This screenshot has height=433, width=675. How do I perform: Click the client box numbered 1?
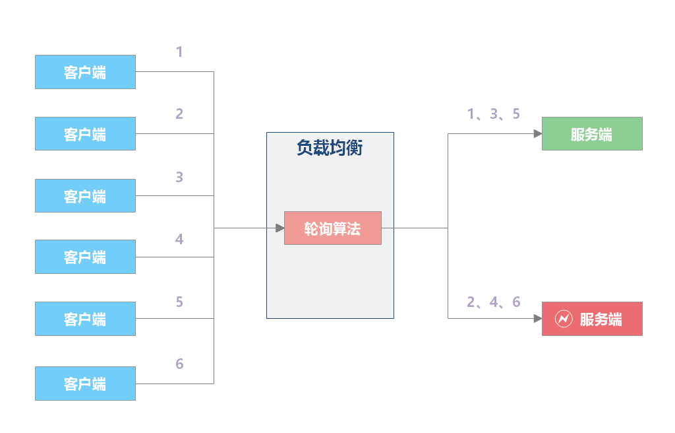click(x=85, y=72)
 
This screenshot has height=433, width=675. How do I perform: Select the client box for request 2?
click(x=85, y=134)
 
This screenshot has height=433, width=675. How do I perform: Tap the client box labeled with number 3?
click(x=85, y=196)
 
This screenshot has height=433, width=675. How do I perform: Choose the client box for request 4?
click(x=85, y=257)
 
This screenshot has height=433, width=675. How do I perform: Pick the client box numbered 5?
click(x=85, y=319)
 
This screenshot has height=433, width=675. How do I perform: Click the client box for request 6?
click(x=85, y=383)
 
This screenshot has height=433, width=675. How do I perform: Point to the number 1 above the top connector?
click(x=179, y=52)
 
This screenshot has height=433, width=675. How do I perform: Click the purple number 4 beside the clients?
click(x=179, y=240)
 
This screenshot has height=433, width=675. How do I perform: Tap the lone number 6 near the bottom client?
click(x=179, y=364)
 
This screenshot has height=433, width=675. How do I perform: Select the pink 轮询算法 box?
click(x=332, y=228)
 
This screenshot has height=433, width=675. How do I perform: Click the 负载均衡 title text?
click(x=330, y=149)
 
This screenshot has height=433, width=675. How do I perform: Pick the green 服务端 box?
click(x=591, y=134)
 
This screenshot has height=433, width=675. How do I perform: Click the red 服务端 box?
click(x=591, y=319)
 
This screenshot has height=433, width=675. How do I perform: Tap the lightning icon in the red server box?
click(x=564, y=319)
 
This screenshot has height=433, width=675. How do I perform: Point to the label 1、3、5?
click(x=494, y=114)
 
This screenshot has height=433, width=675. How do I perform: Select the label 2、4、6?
click(x=494, y=302)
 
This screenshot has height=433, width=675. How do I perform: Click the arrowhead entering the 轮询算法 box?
click(x=279, y=228)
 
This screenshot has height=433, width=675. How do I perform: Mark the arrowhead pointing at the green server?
click(x=537, y=134)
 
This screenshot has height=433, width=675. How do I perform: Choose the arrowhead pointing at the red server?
click(x=537, y=319)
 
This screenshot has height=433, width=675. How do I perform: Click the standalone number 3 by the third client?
click(x=179, y=178)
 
